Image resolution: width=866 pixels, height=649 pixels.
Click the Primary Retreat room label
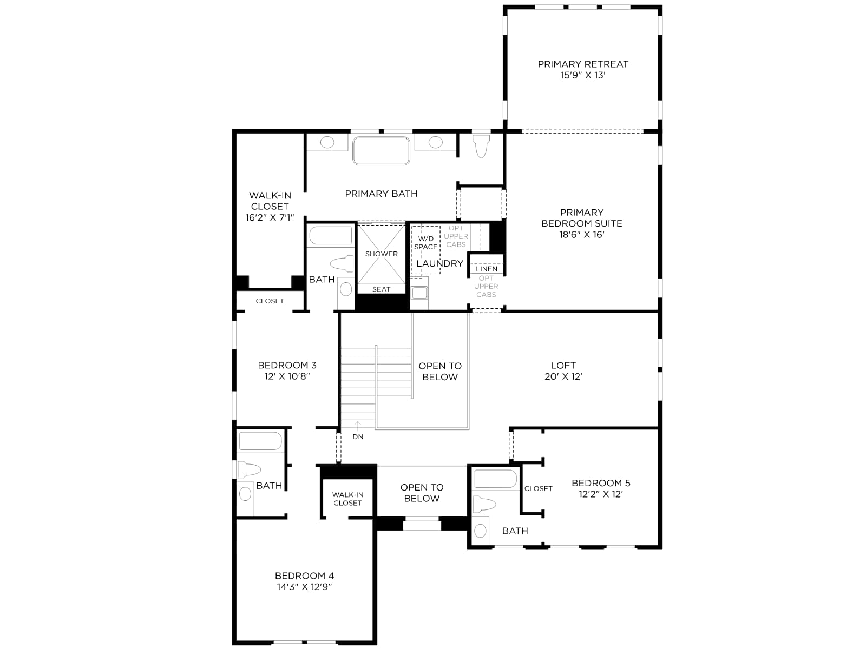582,64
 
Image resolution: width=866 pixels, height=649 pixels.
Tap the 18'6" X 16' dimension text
581,235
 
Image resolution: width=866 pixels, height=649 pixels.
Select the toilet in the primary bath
481,146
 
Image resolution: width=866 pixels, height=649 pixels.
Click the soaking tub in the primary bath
380,150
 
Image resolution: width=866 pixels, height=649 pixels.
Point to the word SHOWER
381,254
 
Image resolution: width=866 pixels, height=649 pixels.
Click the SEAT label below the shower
381,289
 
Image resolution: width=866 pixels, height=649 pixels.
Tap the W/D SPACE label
426,243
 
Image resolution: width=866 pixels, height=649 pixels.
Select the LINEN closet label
486,269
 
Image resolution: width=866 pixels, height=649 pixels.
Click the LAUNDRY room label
439,263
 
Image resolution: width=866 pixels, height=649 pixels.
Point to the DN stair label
358,436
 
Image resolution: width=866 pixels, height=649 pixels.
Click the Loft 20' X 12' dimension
563,376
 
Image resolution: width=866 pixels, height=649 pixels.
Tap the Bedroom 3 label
287,365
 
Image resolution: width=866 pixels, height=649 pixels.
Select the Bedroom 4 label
304,575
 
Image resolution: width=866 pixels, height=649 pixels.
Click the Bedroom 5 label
600,483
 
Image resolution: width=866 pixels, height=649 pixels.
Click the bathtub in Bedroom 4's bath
260,441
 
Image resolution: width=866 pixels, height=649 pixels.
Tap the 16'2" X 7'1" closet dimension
270,217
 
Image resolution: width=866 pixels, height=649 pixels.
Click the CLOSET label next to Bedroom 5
538,488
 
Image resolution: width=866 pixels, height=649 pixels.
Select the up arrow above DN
357,426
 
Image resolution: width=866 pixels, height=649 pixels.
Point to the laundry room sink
419,293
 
